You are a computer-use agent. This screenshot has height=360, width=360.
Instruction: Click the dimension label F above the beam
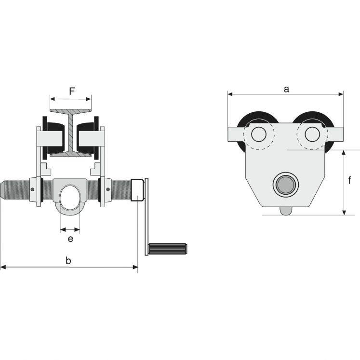click(x=71, y=90)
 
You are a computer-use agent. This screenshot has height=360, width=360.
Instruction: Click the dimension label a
click(x=286, y=89)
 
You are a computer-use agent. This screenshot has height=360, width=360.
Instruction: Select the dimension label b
click(x=68, y=261)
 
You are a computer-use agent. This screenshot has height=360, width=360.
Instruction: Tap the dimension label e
click(x=70, y=239)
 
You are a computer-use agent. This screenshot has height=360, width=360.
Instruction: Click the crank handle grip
click(x=168, y=249)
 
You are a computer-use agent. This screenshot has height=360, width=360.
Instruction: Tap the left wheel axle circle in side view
click(x=259, y=134)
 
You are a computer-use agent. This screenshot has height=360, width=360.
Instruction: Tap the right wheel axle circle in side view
click(x=312, y=134)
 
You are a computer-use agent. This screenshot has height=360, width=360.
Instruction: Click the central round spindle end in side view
click(x=285, y=185)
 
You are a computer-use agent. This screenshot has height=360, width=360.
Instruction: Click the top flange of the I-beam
click(x=71, y=111)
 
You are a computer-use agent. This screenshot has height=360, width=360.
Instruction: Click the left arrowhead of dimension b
click(x=2, y=267)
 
